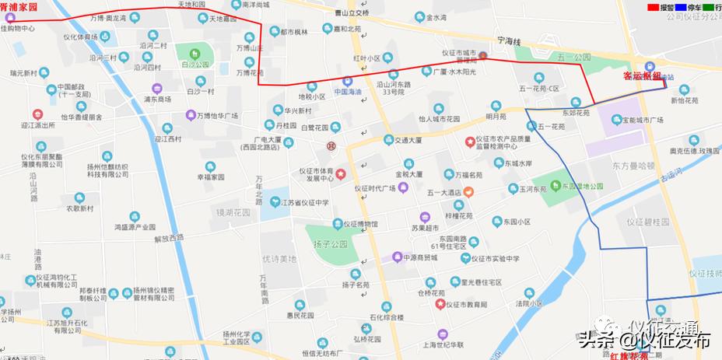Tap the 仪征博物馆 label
(x=360, y=224)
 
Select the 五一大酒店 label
(x=444, y=192)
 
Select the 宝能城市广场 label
(x=636, y=121)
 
